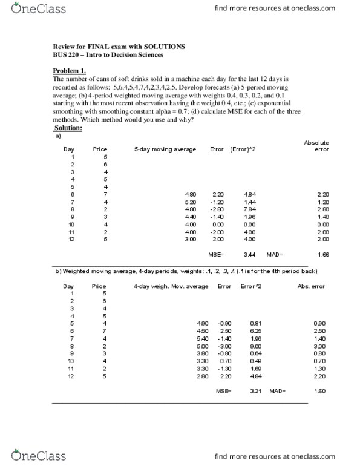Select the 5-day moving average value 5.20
click(x=191, y=202)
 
